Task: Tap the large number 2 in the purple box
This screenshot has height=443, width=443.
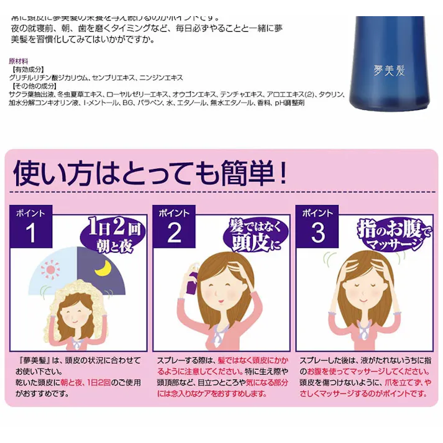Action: [x=175, y=233]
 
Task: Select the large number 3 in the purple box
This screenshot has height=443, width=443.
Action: [x=317, y=233]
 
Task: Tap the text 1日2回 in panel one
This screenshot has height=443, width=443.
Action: [x=110, y=223]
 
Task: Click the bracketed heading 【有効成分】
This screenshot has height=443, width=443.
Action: [x=27, y=70]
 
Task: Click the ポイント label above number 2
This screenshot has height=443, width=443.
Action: [x=174, y=212]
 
